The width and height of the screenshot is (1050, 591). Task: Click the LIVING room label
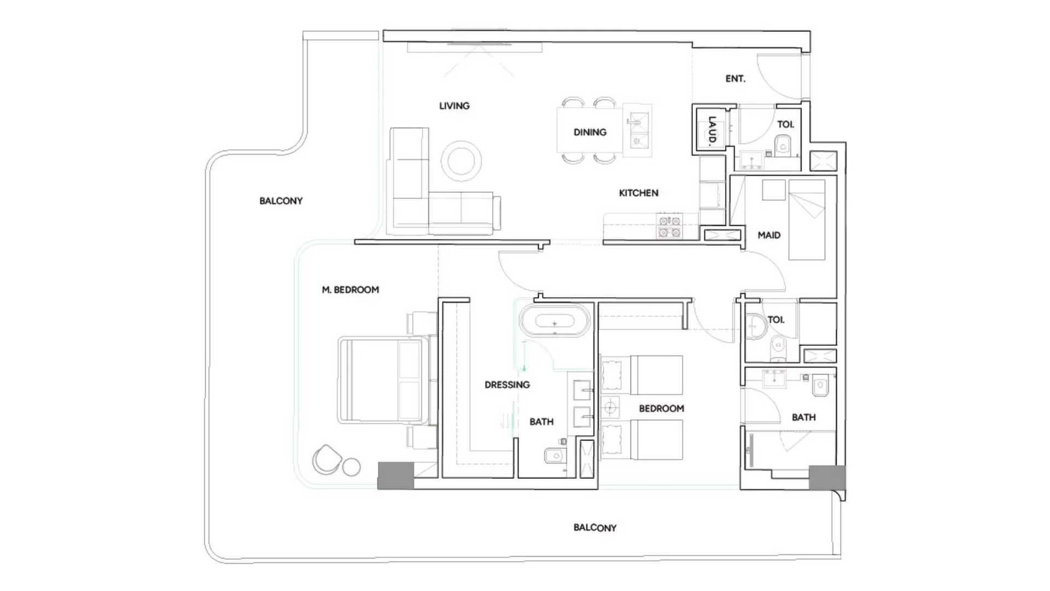454,106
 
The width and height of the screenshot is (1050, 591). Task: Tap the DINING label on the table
590,132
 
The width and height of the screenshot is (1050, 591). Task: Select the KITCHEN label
638,193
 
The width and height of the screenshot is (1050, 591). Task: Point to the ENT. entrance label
735,79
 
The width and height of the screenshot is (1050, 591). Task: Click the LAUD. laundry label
711,131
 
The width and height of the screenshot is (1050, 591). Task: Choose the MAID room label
769,235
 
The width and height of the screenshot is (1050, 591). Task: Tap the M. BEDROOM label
350,289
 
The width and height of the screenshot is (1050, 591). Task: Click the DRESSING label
507,385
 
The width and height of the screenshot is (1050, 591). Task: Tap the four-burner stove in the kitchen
669,227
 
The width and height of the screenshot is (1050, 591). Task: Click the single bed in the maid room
807,219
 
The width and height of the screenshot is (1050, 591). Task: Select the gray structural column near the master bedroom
396,476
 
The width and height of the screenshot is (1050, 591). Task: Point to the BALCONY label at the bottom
594,528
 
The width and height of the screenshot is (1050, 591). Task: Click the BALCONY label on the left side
281,201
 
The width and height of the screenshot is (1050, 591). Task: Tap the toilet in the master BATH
553,455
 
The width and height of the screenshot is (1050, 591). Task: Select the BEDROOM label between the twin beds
661,408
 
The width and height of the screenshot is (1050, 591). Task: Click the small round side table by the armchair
351,467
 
